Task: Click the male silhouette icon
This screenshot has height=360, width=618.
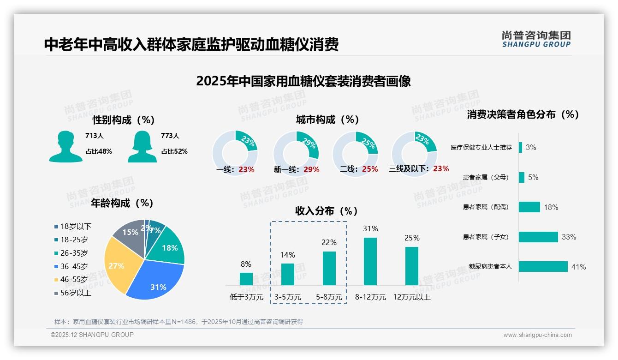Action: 65,147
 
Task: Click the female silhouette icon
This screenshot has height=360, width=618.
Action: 142,147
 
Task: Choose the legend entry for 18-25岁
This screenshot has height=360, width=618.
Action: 71,240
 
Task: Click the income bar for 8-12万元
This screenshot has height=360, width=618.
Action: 370,261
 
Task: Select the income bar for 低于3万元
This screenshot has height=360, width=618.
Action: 246,279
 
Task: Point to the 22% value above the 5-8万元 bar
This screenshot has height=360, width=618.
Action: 329,242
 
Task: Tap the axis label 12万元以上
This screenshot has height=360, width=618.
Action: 411,297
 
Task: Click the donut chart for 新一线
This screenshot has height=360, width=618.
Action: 296,153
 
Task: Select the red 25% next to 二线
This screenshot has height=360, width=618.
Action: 370,169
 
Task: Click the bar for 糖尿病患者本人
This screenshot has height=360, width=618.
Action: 543,267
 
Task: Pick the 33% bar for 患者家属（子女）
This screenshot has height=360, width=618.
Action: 538,237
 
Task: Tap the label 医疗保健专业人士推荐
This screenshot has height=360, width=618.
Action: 481,148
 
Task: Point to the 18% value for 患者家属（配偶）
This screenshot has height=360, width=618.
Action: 551,208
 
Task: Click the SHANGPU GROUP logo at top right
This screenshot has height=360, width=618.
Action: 536,39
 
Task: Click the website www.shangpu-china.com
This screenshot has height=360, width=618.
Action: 537,335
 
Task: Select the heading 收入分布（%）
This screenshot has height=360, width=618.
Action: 327,211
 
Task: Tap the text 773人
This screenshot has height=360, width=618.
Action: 170,136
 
